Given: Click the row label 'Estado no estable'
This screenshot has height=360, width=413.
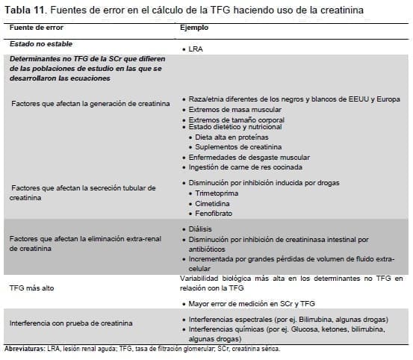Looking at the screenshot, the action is point(38,44).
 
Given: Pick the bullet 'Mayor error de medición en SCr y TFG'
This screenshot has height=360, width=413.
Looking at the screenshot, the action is point(250,303).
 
